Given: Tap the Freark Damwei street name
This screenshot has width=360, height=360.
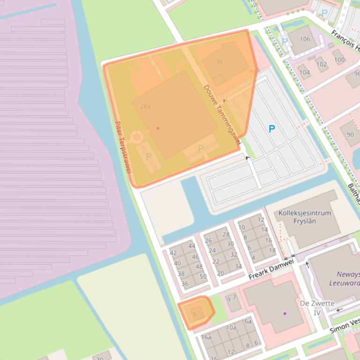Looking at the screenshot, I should point(271,270).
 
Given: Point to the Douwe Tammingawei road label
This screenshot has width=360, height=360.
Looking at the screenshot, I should point(222,114).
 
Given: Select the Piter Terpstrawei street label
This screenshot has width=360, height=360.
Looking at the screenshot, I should point(123,147).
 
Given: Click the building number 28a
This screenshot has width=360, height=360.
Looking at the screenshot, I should point(145,107).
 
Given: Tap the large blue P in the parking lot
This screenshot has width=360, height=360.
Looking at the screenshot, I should point(272,129).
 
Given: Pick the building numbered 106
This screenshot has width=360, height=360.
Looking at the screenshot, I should point(305,39).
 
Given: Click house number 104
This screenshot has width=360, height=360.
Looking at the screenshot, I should point(304,72).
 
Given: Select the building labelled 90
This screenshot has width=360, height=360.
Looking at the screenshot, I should point(351,135).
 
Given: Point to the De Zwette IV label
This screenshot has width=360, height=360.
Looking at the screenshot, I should point(317,307).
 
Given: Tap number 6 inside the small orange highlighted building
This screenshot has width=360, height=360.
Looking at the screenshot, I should point(195,314).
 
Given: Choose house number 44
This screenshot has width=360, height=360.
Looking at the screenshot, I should point(191,246).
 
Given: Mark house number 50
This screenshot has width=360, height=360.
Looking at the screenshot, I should point(203,276).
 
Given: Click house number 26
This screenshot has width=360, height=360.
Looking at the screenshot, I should point(208,241).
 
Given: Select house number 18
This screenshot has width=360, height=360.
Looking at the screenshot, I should point(272,250).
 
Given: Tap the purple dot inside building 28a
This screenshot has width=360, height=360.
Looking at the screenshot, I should point(158,128).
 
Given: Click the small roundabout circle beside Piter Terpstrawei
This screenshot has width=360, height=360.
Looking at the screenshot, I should point(136,137).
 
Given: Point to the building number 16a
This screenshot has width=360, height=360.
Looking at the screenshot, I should point(206,337).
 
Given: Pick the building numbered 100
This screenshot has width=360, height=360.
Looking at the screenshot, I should point(339,59).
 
